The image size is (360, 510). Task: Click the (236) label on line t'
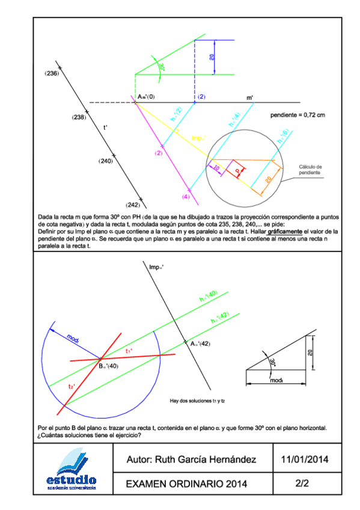52,73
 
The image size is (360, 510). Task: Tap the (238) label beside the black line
79,117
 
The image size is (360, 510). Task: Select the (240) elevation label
106,161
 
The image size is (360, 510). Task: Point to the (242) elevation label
133,205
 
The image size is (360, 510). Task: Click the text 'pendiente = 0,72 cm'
297,115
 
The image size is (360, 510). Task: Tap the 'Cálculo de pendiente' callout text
311,170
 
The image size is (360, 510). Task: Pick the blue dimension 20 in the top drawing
212,57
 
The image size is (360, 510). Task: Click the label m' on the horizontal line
249,97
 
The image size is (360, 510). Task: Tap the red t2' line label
72,387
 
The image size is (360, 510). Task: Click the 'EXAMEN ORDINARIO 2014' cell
186,484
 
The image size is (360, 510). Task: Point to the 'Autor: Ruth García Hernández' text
191,459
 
